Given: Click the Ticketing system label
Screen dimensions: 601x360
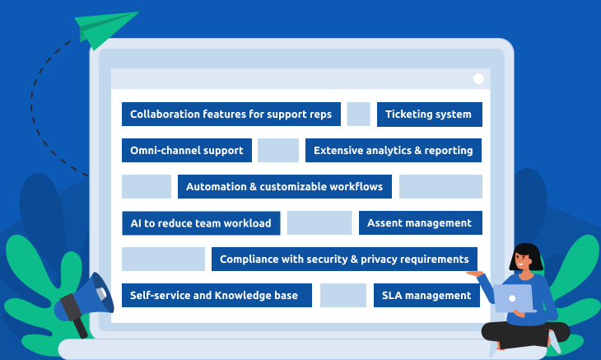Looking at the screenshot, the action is pyautogui.click(x=429, y=115).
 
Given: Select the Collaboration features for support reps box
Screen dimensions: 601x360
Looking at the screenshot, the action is pyautogui.click(x=231, y=115).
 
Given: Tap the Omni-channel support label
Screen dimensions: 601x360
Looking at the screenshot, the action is pyautogui.click(x=187, y=150).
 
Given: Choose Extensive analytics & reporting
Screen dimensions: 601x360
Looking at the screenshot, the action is pyautogui.click(x=394, y=150).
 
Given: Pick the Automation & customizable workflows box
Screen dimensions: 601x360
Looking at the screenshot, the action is pyautogui.click(x=285, y=187).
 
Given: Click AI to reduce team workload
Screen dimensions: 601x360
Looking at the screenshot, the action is pyautogui.click(x=201, y=223).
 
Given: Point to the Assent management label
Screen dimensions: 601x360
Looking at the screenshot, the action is pyautogui.click(x=421, y=222).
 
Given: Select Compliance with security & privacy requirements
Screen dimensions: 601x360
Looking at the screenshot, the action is pyautogui.click(x=344, y=259).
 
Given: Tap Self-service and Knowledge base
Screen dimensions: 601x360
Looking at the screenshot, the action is pyautogui.click(x=217, y=295).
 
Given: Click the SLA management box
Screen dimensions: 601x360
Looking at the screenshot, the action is pyautogui.click(x=426, y=295).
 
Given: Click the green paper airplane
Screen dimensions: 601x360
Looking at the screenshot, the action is pyautogui.click(x=103, y=29).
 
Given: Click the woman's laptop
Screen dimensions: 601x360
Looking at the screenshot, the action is pyautogui.click(x=514, y=298).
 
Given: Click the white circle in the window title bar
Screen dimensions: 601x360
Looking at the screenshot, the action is pyautogui.click(x=478, y=78).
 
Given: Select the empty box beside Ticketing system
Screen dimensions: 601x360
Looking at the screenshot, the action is pyautogui.click(x=358, y=115).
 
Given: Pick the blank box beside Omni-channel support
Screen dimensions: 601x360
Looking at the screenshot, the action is pyautogui.click(x=278, y=150).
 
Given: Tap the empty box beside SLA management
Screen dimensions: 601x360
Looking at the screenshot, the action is pyautogui.click(x=343, y=295).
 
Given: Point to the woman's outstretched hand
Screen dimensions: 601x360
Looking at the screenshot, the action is pyautogui.click(x=475, y=274).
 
